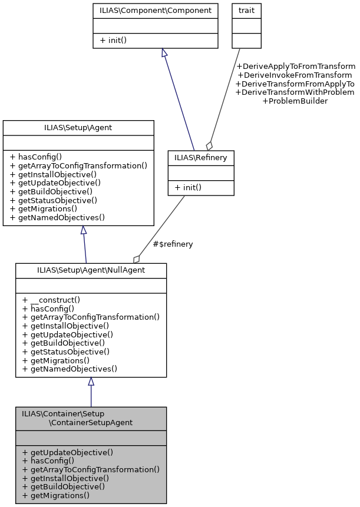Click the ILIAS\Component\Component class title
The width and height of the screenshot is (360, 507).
156,10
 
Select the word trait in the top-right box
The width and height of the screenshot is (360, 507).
246,10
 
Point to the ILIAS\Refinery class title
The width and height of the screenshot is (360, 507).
201,157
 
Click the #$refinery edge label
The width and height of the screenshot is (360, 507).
173,244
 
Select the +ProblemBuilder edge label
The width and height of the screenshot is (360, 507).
295,101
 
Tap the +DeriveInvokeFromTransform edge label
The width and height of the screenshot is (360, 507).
295,75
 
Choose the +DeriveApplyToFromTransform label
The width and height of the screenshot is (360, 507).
295,66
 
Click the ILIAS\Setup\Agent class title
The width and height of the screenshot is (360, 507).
78,127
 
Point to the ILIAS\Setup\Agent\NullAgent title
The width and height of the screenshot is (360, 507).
91,270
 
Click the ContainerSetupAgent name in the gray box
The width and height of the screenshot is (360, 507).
91,422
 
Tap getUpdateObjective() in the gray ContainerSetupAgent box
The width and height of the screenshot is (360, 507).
67,452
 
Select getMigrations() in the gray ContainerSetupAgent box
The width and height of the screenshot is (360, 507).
55,495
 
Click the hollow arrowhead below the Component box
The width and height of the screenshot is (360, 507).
164,53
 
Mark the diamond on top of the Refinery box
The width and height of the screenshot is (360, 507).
209,145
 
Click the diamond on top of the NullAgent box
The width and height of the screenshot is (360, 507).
137,259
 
